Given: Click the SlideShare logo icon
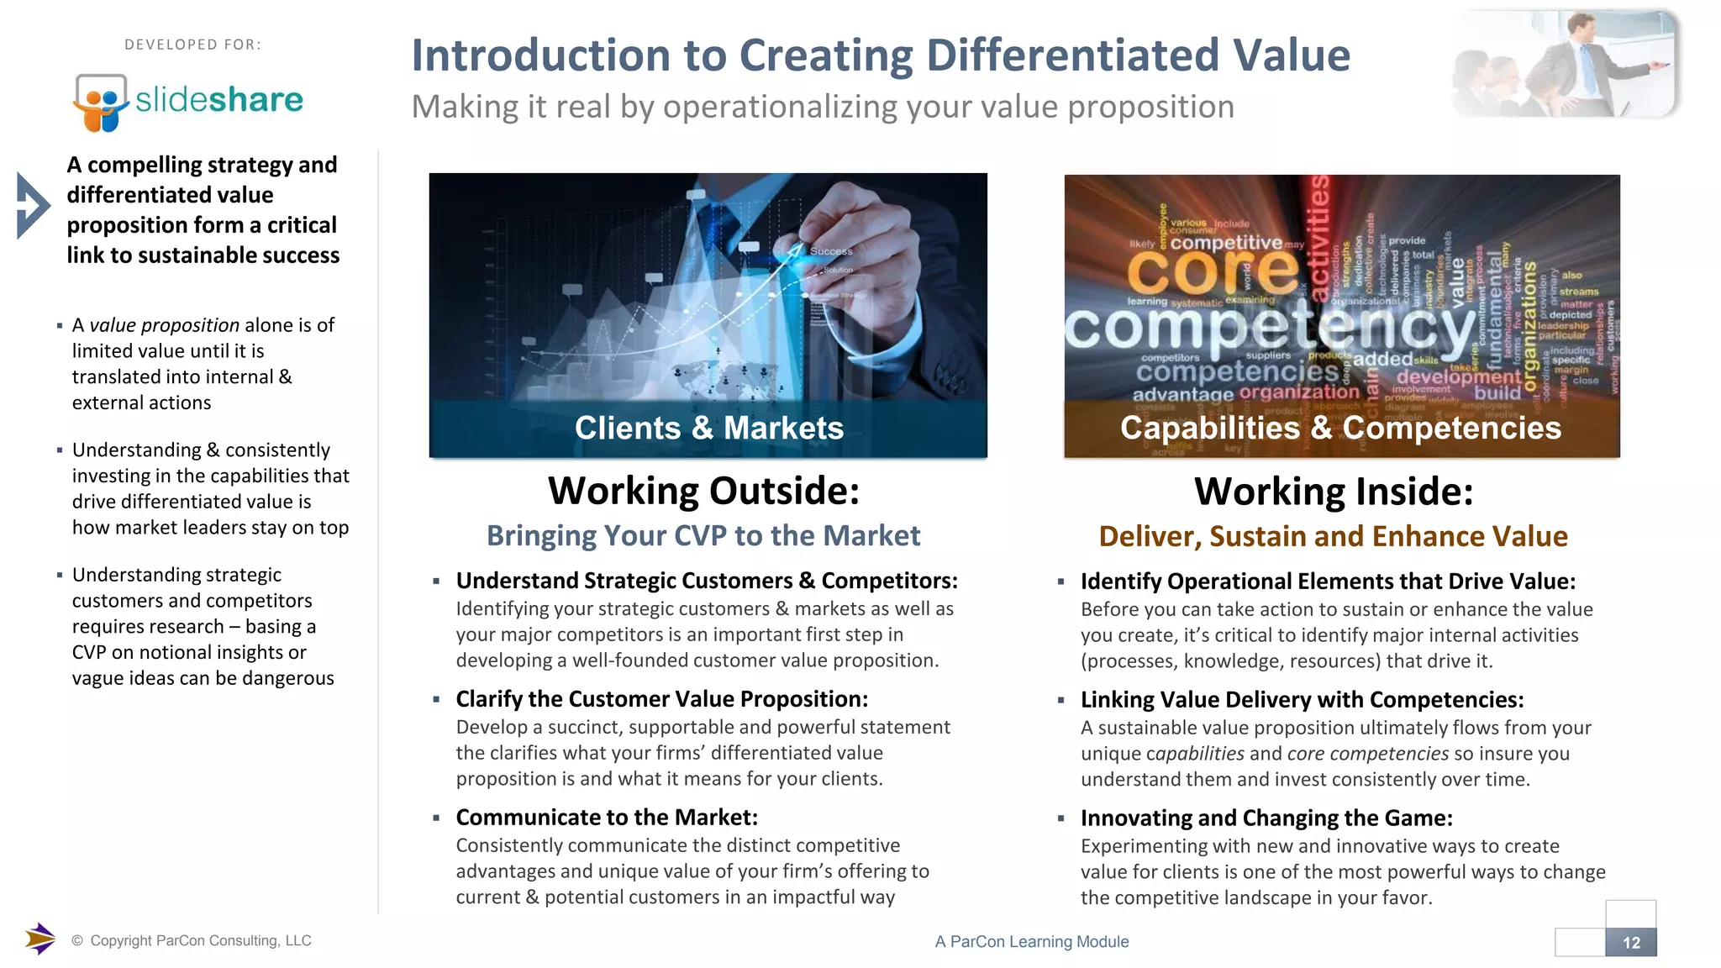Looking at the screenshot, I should point(101,102).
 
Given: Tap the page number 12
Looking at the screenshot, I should point(1631,943).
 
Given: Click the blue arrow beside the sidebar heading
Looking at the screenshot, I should point(33,206).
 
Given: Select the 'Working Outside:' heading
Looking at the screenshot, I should point(703,491).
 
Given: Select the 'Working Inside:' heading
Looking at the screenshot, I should point(1334,492).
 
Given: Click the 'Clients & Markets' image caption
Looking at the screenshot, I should point(708,429).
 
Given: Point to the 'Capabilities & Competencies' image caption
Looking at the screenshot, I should point(1340,429).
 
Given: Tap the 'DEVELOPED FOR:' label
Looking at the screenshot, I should point(192,45).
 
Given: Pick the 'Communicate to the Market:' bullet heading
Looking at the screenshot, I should point(607,818).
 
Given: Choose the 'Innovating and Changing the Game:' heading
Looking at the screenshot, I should point(1266,818).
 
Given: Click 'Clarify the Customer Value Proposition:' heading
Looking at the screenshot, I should point(661,699).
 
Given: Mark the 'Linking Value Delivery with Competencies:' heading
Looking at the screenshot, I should point(1302,700).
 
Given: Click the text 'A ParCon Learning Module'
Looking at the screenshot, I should point(1031,942).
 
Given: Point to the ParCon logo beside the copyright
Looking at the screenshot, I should point(39,939).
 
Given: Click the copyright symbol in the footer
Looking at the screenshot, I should point(77,941).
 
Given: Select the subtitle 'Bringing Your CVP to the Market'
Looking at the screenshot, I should point(703,536).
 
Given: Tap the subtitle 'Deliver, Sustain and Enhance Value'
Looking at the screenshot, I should point(1333,537).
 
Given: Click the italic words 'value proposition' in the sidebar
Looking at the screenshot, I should point(165,325).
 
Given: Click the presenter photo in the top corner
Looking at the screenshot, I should point(1565,64).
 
